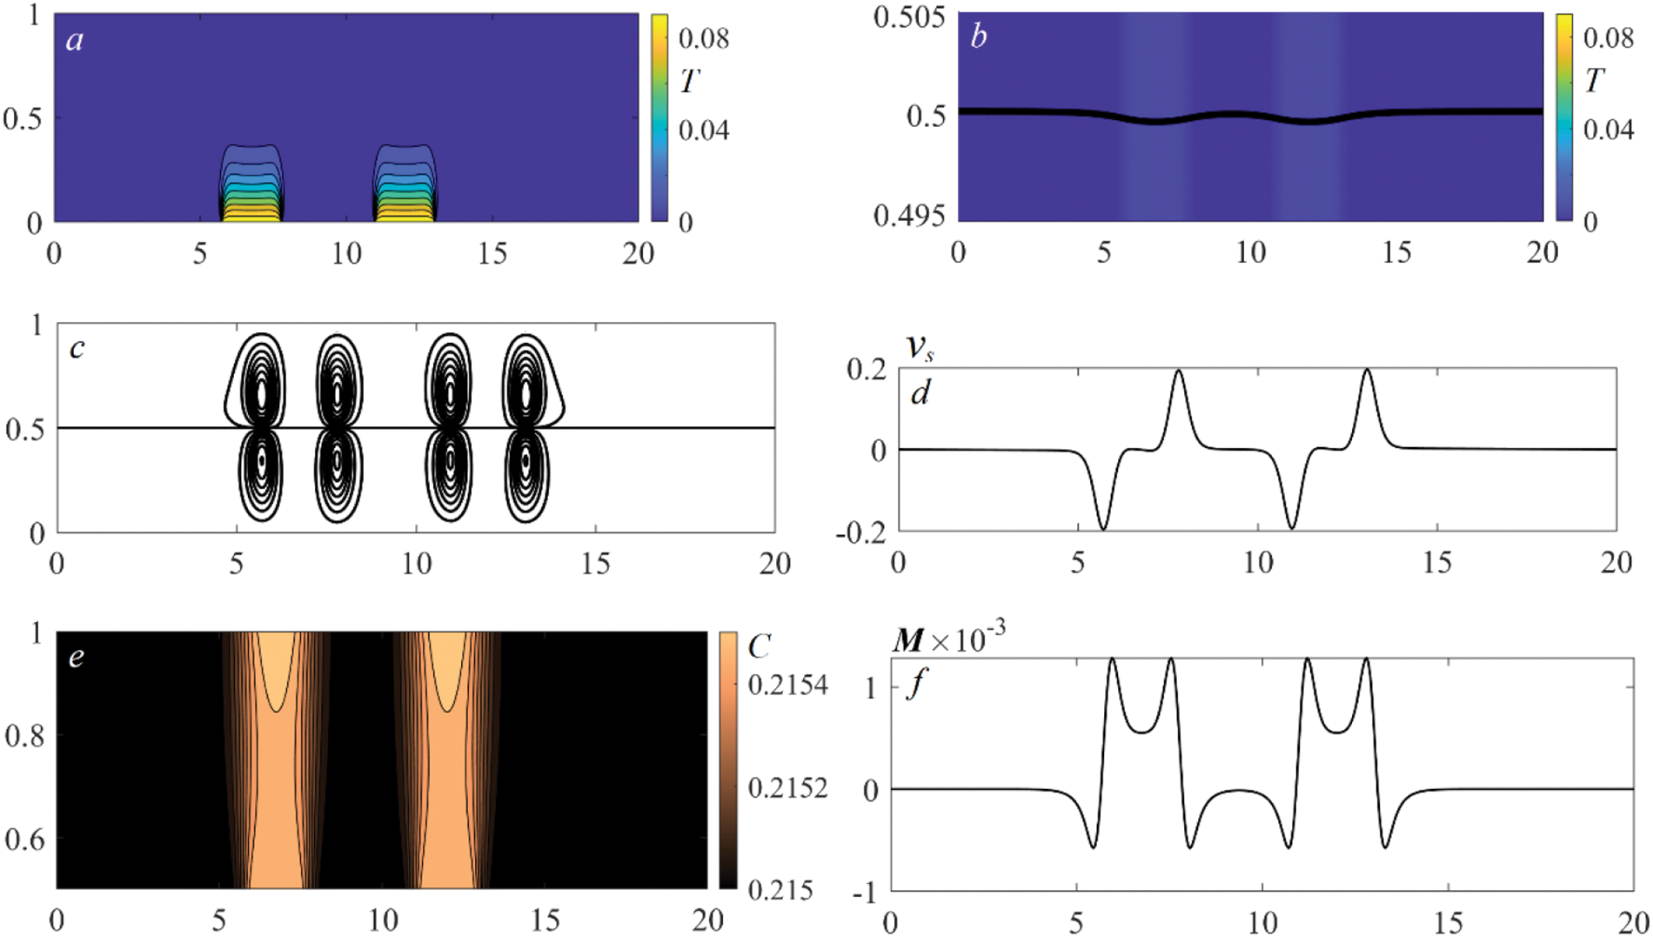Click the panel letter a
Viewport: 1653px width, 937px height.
click(75, 40)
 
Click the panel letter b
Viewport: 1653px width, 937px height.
click(979, 37)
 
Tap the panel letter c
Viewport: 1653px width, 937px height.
click(77, 348)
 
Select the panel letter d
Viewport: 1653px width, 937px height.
click(920, 393)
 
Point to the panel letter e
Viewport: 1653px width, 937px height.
click(77, 656)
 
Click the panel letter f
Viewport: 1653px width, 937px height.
click(915, 684)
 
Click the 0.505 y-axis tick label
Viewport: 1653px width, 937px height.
click(909, 17)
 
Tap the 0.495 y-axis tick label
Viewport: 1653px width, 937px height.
click(909, 215)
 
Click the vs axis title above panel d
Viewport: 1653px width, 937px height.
click(920, 347)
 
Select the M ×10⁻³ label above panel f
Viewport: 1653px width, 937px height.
click(948, 640)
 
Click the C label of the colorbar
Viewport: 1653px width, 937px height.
click(759, 646)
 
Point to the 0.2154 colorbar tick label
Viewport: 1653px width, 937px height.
click(787, 686)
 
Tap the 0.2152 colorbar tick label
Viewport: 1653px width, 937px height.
click(787, 788)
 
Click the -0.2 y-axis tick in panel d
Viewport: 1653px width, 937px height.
click(860, 532)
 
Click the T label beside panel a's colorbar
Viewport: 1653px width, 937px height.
click(689, 82)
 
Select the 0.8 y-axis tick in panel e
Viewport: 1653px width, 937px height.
click(24, 736)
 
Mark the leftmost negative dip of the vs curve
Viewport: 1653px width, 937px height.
click(1103, 528)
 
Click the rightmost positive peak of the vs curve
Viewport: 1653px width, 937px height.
click(1368, 371)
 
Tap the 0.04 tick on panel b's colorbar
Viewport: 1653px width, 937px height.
click(1608, 130)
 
